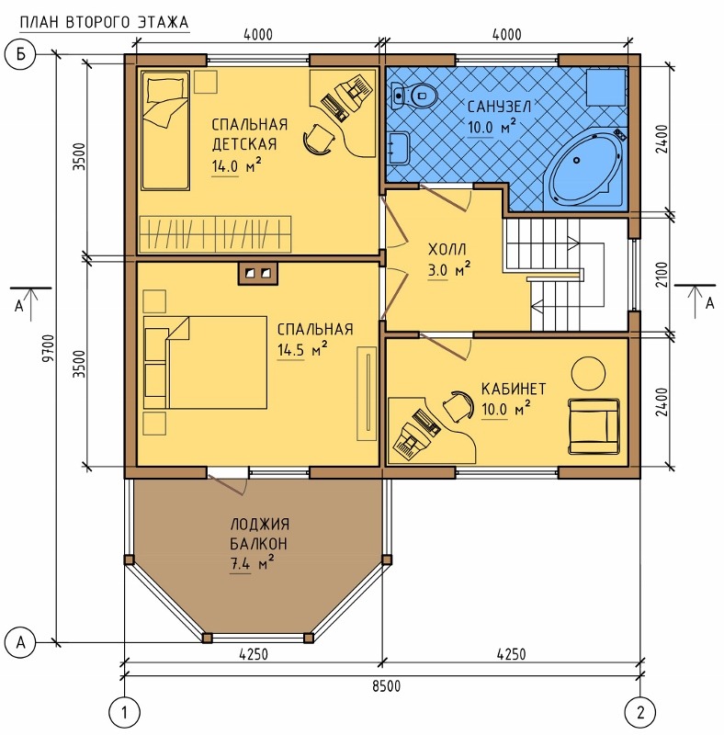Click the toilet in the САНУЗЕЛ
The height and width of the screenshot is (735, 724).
click(414, 96)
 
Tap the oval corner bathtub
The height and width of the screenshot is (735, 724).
click(586, 169)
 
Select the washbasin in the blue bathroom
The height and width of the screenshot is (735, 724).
click(399, 147)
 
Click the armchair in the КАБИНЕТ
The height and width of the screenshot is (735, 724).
click(594, 426)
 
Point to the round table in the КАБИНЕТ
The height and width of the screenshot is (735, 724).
click(588, 374)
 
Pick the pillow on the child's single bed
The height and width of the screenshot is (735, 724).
click(165, 89)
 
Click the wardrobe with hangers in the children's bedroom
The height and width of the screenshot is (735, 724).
click(215, 234)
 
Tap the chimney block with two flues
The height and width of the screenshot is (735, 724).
click(258, 273)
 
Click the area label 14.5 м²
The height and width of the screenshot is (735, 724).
click(302, 350)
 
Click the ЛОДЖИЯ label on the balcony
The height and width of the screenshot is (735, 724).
click(260, 524)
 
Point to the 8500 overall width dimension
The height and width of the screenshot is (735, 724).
click(387, 686)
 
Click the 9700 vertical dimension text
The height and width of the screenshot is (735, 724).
click(49, 348)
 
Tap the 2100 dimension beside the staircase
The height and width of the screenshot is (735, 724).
click(662, 275)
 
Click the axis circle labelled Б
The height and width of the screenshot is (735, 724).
click(20, 54)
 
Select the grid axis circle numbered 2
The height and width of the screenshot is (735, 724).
click(640, 713)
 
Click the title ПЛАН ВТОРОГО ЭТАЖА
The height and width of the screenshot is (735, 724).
click(104, 22)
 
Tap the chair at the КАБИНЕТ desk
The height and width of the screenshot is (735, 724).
click(458, 405)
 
